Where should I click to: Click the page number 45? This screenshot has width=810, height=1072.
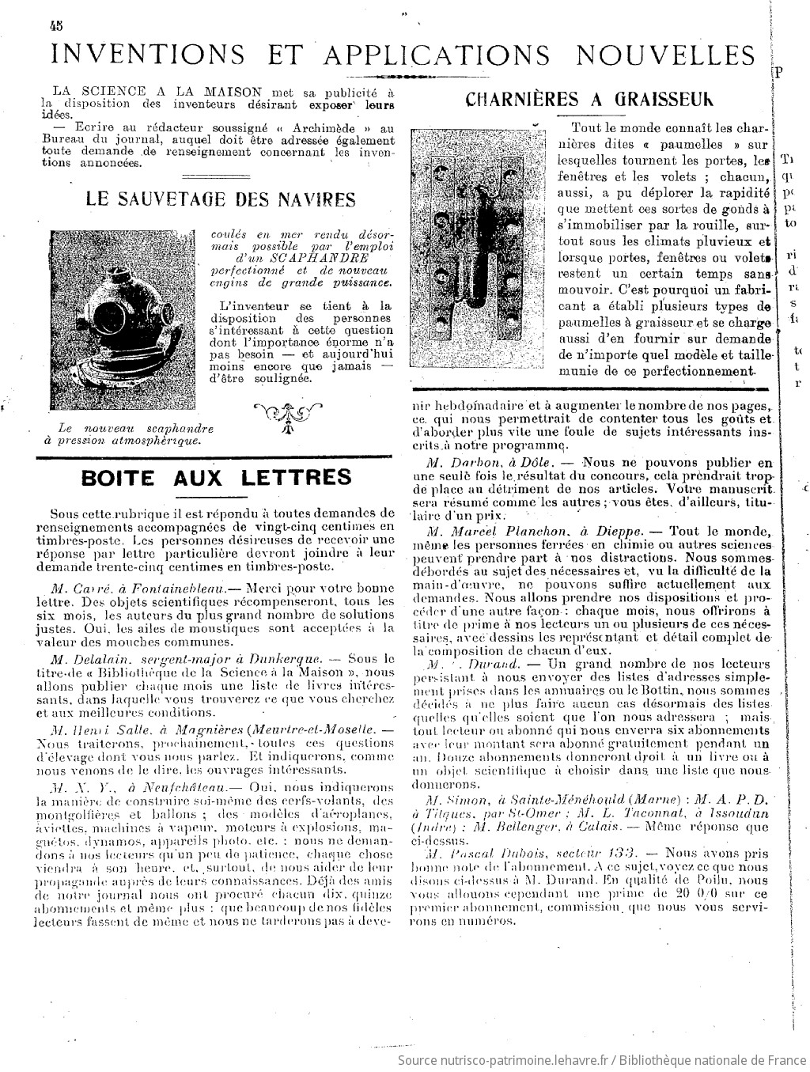coord(55,25)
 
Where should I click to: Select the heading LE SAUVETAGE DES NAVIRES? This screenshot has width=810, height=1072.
coord(220,199)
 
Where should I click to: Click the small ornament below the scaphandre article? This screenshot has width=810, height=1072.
coord(288,415)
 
